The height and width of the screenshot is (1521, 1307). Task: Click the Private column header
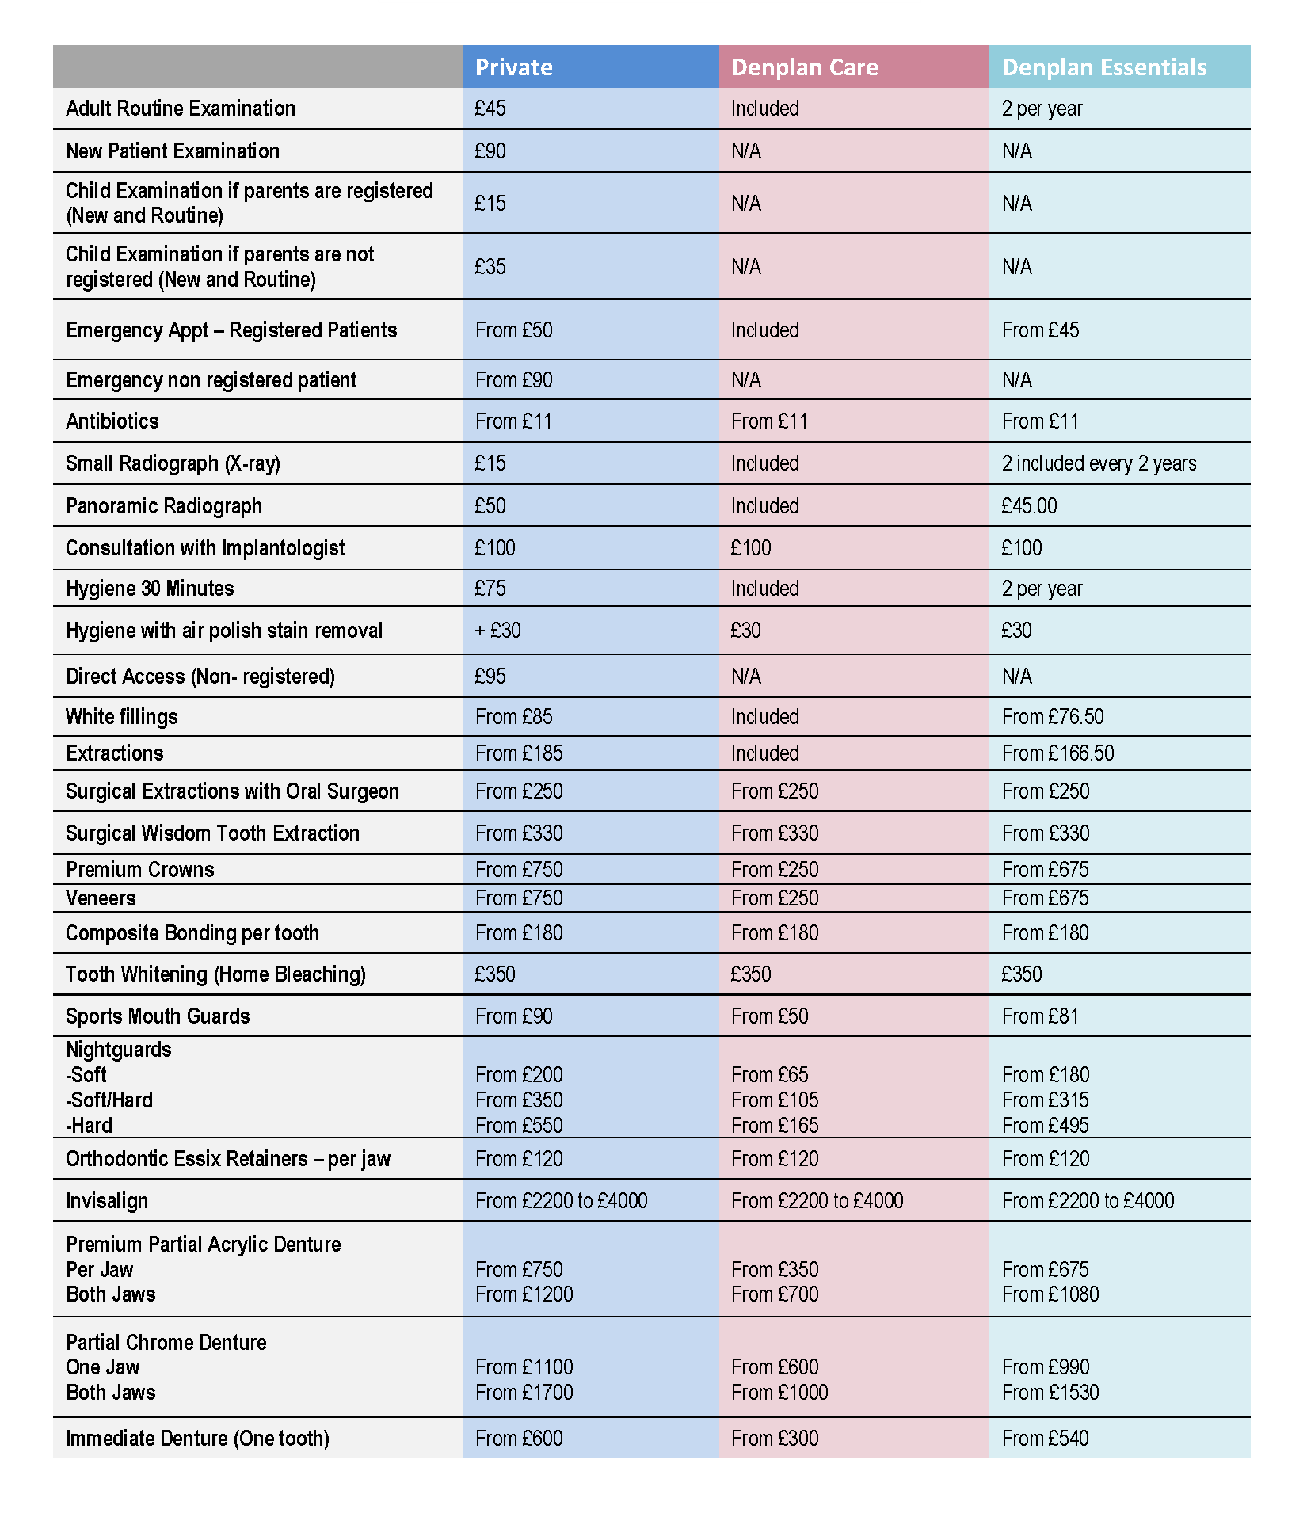coord(513,67)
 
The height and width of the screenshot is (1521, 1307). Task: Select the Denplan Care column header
coord(804,67)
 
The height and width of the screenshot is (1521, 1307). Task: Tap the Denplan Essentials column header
coord(1104,67)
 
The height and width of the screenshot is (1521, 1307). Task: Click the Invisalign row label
coord(107,1201)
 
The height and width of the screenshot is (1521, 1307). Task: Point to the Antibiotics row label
coord(112,421)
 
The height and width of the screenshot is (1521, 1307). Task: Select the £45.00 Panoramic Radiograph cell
coord(1029,506)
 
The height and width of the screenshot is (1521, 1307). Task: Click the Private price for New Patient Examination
coord(490,151)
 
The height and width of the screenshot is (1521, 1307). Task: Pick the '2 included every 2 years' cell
coord(1099,463)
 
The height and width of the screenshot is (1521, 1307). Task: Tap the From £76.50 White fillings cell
coord(1053,717)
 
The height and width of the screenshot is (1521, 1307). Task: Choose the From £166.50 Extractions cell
coord(1057,753)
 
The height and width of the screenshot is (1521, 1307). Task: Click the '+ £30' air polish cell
coord(497,631)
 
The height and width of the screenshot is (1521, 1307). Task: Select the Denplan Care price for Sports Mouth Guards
coord(769,1016)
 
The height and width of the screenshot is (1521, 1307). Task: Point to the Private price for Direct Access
coord(490,677)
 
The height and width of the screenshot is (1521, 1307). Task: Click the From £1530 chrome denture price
coord(1050,1393)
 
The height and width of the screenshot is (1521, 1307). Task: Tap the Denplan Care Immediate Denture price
coord(775,1439)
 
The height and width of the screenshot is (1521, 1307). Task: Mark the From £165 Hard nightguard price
coord(775,1126)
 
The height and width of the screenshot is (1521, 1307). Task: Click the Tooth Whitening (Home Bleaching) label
coord(215,974)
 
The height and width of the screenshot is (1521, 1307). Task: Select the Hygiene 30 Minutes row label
coord(150,589)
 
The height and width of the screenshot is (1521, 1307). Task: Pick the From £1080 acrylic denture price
coord(1050,1294)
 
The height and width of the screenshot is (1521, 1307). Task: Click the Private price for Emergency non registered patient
coord(513,380)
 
